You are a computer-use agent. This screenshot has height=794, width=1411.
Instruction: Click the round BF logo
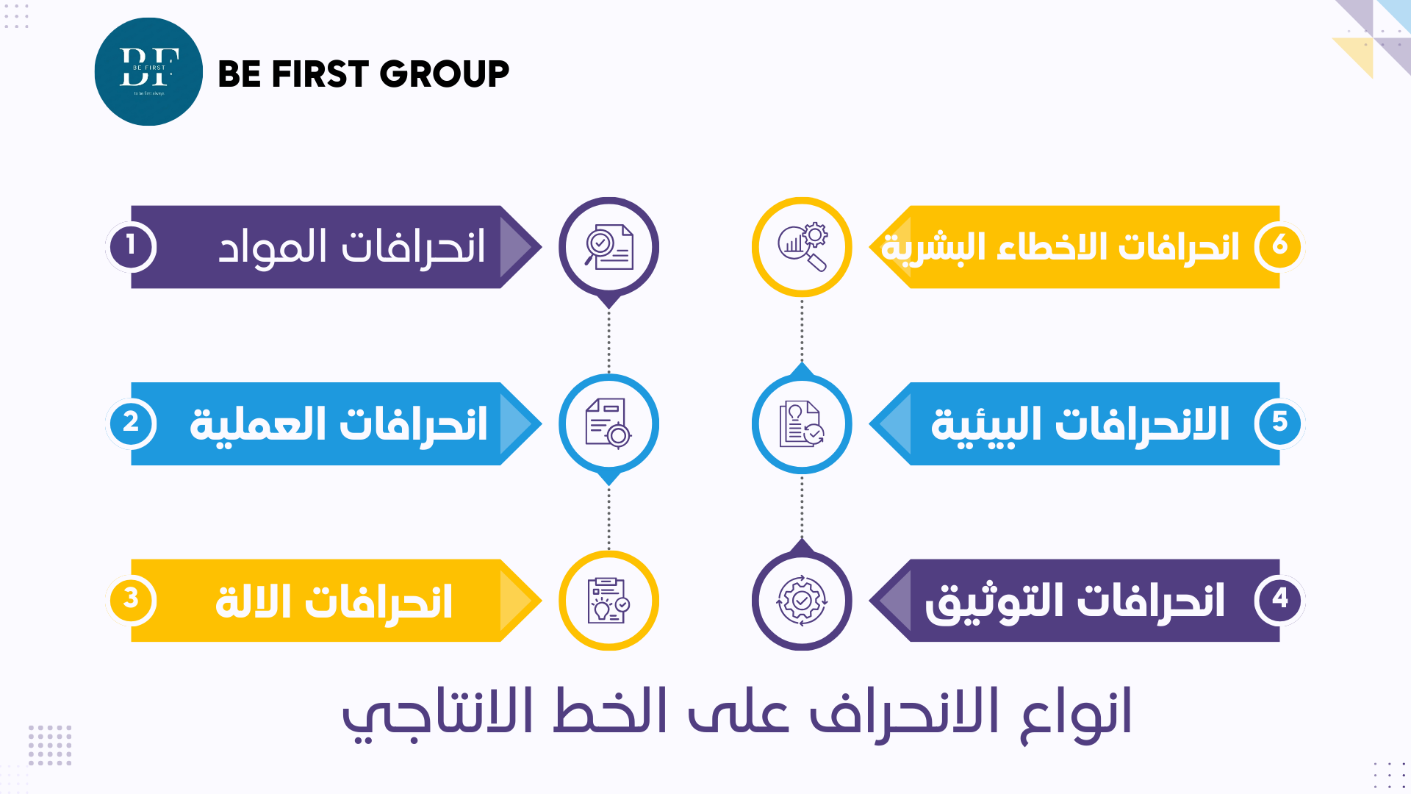point(148,72)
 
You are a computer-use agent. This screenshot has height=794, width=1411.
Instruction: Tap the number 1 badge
point(131,246)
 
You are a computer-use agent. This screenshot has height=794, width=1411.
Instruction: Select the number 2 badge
point(131,423)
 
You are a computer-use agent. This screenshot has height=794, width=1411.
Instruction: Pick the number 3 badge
point(131,599)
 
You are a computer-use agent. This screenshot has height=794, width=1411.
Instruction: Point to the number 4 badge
point(1279,599)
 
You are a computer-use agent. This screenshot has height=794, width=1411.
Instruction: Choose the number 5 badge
point(1279,423)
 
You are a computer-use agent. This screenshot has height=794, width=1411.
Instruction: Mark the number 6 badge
point(1279,245)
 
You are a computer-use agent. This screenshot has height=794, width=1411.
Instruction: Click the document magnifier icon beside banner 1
point(608,247)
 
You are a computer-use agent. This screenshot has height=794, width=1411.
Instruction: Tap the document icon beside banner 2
point(608,423)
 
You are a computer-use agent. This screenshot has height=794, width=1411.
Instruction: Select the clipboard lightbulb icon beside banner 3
point(608,601)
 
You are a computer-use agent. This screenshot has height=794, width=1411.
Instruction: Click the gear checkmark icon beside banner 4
point(802,601)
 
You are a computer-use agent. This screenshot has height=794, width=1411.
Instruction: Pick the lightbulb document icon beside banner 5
point(802,423)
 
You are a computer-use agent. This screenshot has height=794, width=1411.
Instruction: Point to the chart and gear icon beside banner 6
point(802,247)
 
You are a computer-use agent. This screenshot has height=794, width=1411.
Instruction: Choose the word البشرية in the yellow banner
point(933,248)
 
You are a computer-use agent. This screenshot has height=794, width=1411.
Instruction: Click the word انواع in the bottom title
point(1076,713)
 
